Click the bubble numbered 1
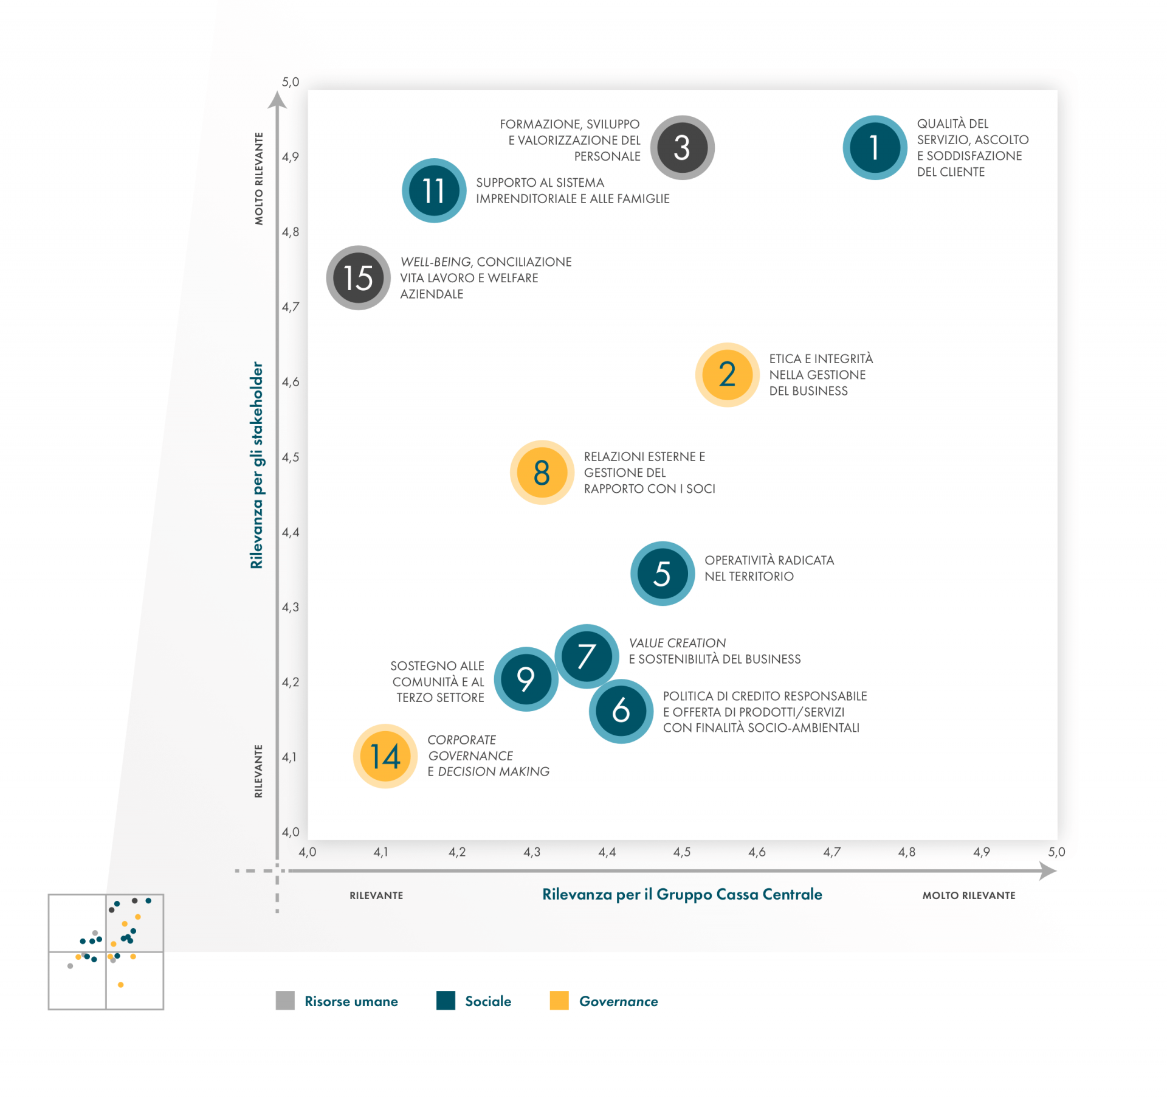coord(874,148)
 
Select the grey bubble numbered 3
coord(682,148)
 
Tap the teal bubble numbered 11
coord(434,190)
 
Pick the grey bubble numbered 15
coord(358,278)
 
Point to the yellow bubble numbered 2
coord(727,375)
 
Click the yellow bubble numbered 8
coord(542,473)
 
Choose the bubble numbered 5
coord(662,574)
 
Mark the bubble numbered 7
coord(587,656)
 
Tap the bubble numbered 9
coord(526,679)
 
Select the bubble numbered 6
coord(621,711)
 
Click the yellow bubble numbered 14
coord(385,756)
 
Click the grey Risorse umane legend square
coord(285,1001)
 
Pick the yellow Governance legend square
coord(559,1001)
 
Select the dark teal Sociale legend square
coord(446,1001)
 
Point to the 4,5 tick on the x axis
coord(681,852)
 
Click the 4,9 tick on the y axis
coord(291,157)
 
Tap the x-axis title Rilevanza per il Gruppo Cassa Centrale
coord(682,894)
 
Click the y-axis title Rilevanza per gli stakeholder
coord(257,465)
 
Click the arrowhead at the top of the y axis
coord(277,100)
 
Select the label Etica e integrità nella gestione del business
coord(821,375)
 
